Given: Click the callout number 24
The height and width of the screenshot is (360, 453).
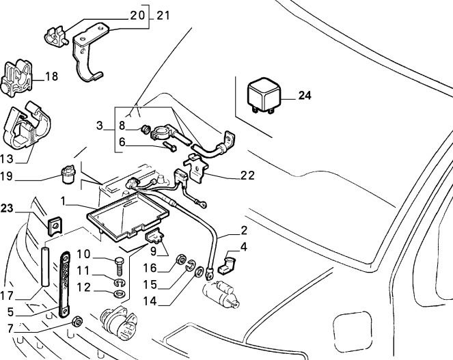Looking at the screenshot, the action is [x=305, y=96].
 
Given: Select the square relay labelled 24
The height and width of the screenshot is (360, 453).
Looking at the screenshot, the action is [x=264, y=95].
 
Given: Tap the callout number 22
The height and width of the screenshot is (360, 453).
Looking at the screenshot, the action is [x=247, y=176].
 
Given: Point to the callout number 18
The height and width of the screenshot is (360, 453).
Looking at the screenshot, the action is [x=51, y=77].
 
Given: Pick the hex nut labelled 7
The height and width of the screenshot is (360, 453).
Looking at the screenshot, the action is [x=77, y=321].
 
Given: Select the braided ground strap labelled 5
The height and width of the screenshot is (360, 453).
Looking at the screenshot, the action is [x=65, y=285].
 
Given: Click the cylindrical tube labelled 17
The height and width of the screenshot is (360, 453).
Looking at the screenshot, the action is [x=45, y=266].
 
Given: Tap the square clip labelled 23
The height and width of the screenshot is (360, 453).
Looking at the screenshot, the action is [x=55, y=226].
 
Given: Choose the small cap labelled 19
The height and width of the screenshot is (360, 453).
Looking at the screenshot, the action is [x=68, y=174].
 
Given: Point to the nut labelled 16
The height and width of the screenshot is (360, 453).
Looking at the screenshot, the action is [x=181, y=259].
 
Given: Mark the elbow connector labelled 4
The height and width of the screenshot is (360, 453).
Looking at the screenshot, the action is [x=228, y=264].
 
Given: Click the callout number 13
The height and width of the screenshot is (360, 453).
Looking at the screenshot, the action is [x=6, y=158].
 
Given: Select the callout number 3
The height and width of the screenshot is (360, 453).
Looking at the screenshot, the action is [x=99, y=126].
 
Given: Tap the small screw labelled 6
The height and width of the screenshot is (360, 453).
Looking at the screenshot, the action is [x=170, y=146].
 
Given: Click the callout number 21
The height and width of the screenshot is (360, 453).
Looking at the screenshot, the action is [x=163, y=15].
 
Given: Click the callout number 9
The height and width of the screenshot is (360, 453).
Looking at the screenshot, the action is [x=153, y=251].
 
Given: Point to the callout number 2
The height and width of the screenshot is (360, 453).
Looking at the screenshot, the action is [x=244, y=230].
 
